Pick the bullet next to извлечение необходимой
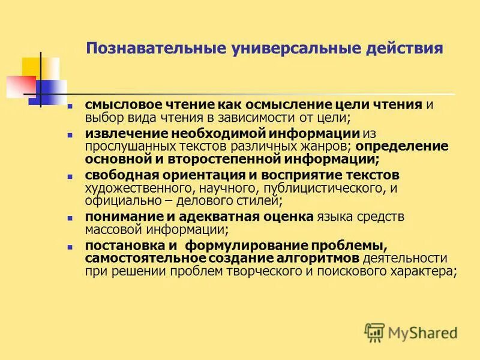click(70, 134)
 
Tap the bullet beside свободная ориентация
click(70, 176)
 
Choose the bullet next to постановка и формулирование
click(70, 247)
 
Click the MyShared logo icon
click(375, 332)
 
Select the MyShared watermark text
click(422, 332)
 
